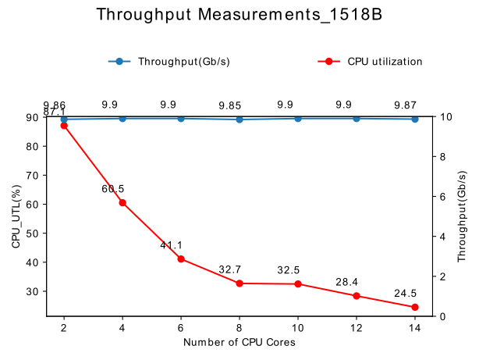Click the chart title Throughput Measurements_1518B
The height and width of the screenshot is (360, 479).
(x=239, y=15)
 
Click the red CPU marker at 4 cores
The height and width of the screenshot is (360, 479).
(x=122, y=203)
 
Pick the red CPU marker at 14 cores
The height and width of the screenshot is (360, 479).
(x=415, y=308)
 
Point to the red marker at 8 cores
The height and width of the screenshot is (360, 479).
(x=239, y=283)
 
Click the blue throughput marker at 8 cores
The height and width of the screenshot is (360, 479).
(x=239, y=119)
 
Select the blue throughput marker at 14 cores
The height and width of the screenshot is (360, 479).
(x=415, y=119)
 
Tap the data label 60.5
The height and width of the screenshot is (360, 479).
(x=113, y=189)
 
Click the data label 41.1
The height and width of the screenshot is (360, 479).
(x=172, y=245)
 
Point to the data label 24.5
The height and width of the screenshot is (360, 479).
(x=406, y=294)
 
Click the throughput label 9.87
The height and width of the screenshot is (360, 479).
(x=406, y=105)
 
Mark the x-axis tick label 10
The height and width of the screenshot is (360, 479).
(x=298, y=329)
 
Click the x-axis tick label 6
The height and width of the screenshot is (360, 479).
(x=181, y=329)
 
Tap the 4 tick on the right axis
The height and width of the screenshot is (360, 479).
(x=442, y=237)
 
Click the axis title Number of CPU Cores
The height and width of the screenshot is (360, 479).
(x=239, y=343)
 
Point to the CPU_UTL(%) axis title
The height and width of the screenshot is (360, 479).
(x=16, y=217)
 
